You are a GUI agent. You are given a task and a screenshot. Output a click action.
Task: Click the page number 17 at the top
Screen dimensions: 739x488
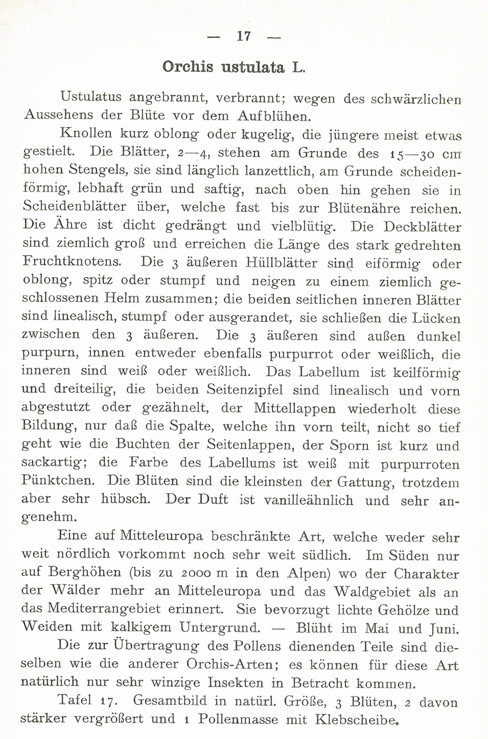(243, 36)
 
